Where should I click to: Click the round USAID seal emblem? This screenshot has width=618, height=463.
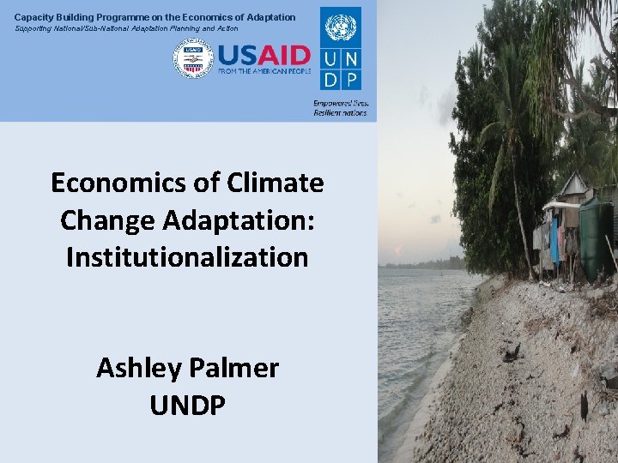click(193, 59)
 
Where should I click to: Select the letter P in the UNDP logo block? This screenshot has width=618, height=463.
click(351, 79)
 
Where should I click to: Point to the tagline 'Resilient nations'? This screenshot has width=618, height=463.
click(340, 112)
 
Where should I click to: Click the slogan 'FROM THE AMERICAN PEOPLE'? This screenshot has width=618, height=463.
click(264, 71)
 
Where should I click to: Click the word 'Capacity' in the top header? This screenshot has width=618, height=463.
click(33, 17)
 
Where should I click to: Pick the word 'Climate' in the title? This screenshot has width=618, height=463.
click(281, 183)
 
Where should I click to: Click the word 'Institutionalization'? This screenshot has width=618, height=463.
click(187, 256)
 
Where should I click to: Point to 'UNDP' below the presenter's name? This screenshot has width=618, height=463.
click(187, 404)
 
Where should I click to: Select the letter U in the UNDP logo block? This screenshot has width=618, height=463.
click(330, 58)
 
